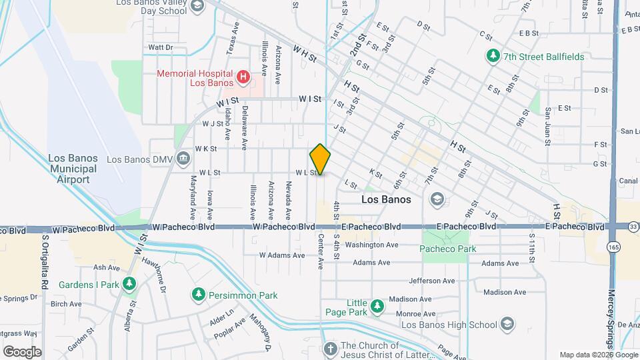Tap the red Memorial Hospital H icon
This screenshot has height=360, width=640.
[x=243, y=78]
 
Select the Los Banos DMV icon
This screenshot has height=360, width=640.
[x=183, y=159]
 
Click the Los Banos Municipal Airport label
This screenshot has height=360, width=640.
[x=73, y=169]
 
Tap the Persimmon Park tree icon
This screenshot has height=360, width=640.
[x=198, y=295]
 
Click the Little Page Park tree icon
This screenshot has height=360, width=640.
[x=377, y=306]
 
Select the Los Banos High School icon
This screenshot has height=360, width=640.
[x=507, y=325]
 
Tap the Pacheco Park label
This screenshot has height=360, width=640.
[x=447, y=249]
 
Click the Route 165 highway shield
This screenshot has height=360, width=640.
[x=612, y=247]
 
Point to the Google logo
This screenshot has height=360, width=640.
[x=22, y=351]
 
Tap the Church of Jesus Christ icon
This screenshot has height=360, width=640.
[x=330, y=349]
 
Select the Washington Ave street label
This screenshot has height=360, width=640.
[x=371, y=245]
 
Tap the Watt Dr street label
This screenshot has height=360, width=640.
[x=160, y=47]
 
